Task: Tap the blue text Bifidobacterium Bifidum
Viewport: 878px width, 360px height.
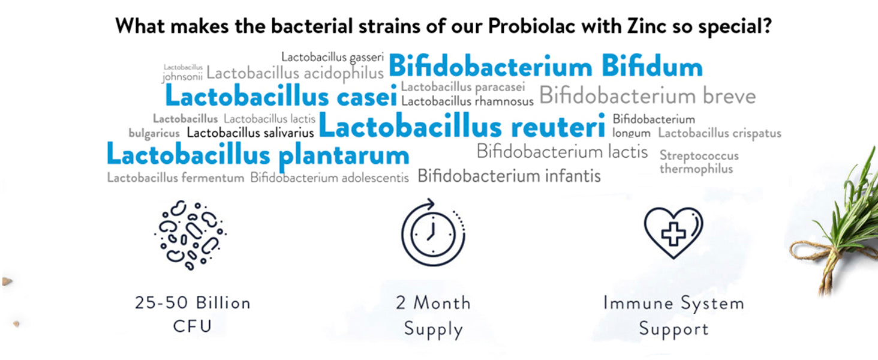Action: [x=546, y=66]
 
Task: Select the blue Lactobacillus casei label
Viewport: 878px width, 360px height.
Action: [x=281, y=95]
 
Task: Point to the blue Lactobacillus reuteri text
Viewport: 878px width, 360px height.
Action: [x=462, y=126]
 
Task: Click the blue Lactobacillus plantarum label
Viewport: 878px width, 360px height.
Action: [x=258, y=155]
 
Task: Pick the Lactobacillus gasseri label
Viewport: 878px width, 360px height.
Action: [x=332, y=58]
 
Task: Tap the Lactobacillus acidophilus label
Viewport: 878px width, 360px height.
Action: [x=294, y=73]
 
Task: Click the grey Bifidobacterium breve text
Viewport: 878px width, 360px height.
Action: [x=648, y=96]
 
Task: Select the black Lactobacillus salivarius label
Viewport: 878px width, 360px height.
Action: [x=250, y=133]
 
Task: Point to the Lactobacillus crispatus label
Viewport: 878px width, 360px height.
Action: [x=720, y=133]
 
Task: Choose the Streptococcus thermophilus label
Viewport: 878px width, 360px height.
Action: [x=699, y=162]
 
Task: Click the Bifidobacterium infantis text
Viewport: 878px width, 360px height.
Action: [x=509, y=176]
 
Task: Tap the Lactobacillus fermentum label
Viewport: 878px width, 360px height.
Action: [x=176, y=178]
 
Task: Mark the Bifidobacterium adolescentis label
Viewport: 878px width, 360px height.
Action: [x=329, y=178]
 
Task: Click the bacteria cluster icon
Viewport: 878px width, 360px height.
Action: [x=191, y=235]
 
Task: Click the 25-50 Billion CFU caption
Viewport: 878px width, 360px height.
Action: [x=193, y=314]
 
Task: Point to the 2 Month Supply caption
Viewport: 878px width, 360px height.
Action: [x=434, y=316]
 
